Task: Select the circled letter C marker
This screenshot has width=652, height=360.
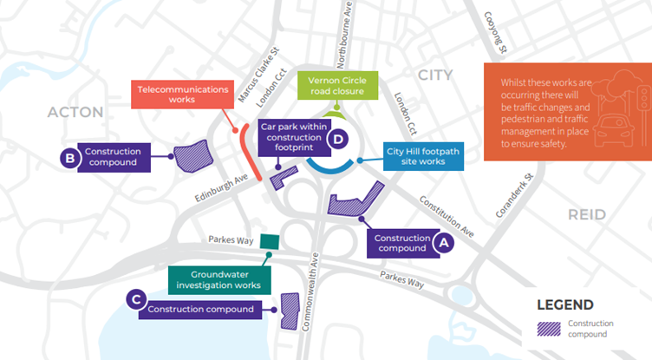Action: coord(134,298)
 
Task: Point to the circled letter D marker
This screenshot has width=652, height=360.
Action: coord(339,138)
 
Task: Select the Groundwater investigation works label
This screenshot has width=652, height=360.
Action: coord(218,278)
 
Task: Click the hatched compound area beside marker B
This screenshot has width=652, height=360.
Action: coord(188,156)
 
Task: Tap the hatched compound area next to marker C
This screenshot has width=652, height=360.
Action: coord(288,311)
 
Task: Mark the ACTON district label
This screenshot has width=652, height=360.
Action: coord(75,112)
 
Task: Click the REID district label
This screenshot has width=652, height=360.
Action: coord(588,213)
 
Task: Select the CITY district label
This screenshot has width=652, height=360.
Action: coord(435,75)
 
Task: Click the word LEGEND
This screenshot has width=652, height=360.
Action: coord(564,304)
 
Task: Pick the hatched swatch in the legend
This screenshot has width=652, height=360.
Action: coord(547,330)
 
